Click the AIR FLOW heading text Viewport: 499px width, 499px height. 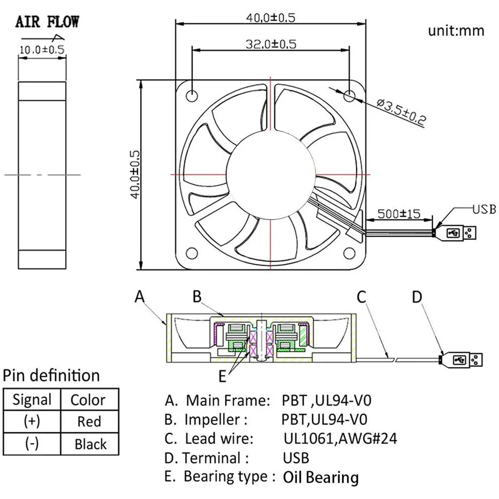click(x=47, y=22)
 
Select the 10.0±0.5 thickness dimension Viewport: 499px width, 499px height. click(x=41, y=50)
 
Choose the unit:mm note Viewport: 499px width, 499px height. click(x=455, y=30)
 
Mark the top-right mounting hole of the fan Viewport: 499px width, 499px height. click(x=350, y=96)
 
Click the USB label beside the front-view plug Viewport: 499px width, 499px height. click(x=484, y=209)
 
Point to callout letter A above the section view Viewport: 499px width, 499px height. click(x=139, y=297)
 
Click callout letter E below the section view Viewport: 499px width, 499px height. click(x=223, y=376)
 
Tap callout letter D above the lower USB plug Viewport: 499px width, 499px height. click(x=417, y=297)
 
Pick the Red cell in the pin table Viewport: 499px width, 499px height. click(x=89, y=421)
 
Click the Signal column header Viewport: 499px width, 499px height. click(x=32, y=400)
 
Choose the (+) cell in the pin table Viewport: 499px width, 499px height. click(x=32, y=421)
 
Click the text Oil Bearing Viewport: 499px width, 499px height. click(x=321, y=477)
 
